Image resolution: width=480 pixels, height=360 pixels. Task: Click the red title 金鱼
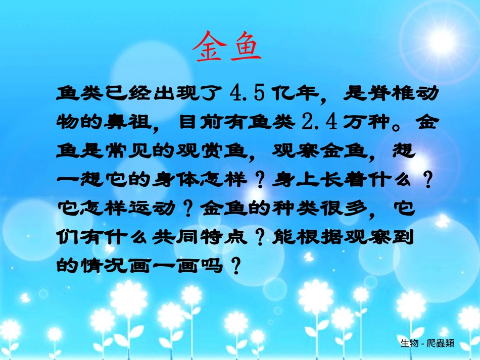point(226,46)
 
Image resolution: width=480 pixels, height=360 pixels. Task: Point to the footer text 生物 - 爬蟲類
point(427,343)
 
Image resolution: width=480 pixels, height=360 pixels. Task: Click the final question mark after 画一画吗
point(233,265)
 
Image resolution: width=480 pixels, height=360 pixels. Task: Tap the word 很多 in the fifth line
point(348,208)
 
